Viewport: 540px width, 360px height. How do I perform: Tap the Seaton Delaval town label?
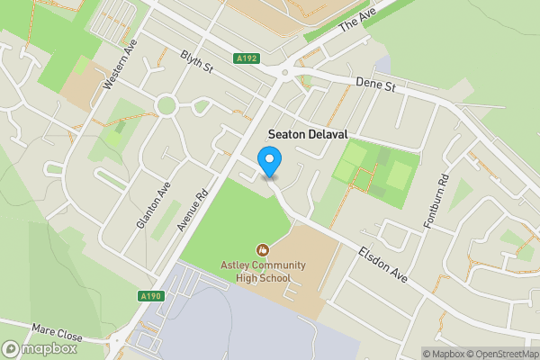[308, 132]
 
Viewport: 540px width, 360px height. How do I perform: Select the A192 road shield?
[246, 58]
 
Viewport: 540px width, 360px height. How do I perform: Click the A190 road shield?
[150, 296]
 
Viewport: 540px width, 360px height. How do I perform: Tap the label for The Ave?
[355, 21]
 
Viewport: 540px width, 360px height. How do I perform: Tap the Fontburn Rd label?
[435, 200]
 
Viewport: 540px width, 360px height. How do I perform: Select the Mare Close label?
[57, 333]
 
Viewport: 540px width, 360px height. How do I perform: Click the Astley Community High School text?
[264, 271]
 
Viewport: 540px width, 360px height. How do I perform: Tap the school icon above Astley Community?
[263, 249]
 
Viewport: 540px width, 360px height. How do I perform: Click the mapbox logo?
[40, 349]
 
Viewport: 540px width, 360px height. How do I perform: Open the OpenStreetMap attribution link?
[500, 354]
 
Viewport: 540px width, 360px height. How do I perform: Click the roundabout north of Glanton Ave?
[166, 106]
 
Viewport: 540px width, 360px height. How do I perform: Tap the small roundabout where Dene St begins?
[285, 73]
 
